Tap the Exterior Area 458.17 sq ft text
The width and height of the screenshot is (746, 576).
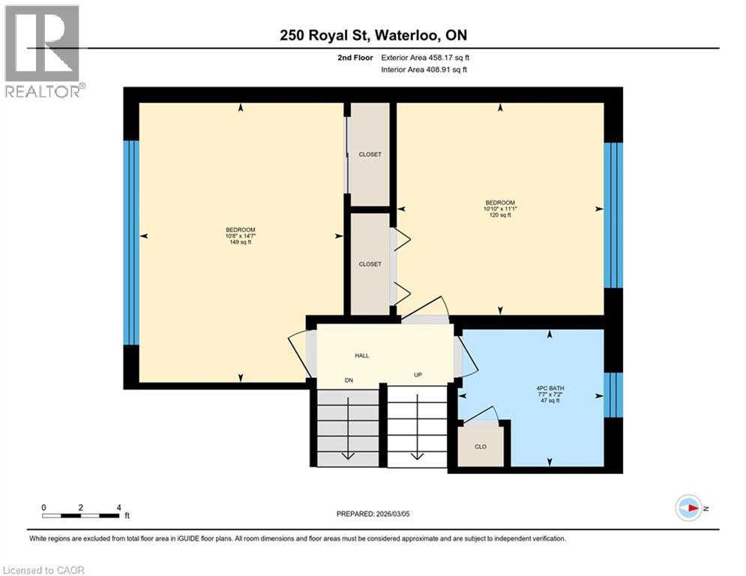[x=426, y=57]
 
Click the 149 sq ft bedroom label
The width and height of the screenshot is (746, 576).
[x=241, y=235]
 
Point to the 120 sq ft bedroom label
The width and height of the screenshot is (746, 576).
[x=500, y=208]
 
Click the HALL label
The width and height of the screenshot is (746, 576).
[x=362, y=355]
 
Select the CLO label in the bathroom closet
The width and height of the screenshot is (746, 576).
[x=481, y=446]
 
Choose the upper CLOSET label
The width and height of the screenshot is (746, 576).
[x=370, y=154]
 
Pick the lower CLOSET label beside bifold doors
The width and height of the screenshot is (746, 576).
[x=370, y=264]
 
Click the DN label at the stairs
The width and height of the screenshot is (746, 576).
[x=349, y=381]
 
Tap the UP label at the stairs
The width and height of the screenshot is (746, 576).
[x=418, y=374]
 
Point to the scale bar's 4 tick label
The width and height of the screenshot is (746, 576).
[x=119, y=507]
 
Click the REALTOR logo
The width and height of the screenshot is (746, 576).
[x=43, y=51]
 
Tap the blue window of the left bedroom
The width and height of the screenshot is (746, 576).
[x=131, y=242]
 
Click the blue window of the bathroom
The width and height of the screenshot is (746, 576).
[x=613, y=394]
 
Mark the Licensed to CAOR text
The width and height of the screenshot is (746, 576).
[x=44, y=570]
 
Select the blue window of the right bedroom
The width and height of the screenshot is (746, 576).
[x=613, y=214]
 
